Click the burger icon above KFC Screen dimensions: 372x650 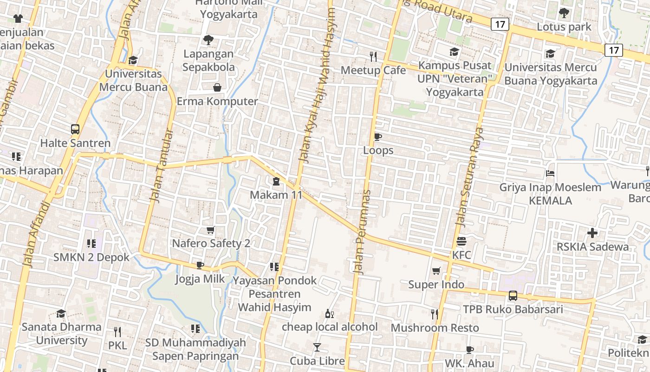pos(461,241)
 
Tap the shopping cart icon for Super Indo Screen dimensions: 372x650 pos(436,271)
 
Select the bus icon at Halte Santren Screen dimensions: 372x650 pos(75,129)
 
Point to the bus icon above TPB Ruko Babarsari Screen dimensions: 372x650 pos(513,295)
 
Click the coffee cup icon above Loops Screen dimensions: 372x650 pos(378,137)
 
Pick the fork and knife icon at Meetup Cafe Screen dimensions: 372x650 pos(373,57)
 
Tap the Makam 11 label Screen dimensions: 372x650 pos(276,195)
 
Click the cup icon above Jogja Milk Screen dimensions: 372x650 pos(200,265)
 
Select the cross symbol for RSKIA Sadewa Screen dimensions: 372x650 pos(592,232)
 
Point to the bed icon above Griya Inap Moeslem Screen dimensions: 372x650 pos(550,174)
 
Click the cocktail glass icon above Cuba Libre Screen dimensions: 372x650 pos(317,347)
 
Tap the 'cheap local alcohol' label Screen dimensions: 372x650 pos(330,327)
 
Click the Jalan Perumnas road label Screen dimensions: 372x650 pos(363,232)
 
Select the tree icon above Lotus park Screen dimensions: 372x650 pos(564,13)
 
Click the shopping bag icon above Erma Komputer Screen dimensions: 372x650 pos(217,87)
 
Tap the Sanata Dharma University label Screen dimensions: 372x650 pos(61,333)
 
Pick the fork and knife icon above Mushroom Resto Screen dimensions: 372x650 pos(435,314)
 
